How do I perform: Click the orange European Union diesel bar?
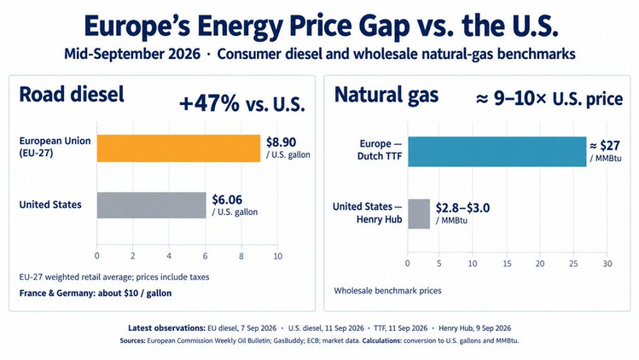click(x=178, y=148)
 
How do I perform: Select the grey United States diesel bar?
click(x=151, y=205)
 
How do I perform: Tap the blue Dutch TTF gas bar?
click(x=497, y=152)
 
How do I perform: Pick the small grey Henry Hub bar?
click(x=419, y=214)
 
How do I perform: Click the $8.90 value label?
click(x=282, y=142)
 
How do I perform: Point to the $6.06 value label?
click(x=227, y=200)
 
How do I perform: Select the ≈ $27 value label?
click(x=605, y=146)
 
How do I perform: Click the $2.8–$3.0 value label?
click(x=462, y=208)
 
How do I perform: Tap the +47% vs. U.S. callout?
click(x=242, y=103)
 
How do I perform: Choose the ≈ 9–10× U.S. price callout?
click(x=549, y=99)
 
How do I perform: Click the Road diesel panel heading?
click(x=72, y=94)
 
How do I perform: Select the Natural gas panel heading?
click(x=386, y=95)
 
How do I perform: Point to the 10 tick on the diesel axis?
click(x=277, y=256)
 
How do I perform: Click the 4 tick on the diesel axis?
click(x=169, y=256)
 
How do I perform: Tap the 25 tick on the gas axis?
click(x=573, y=264)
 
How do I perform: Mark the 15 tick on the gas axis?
click(x=507, y=264)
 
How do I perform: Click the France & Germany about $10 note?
click(x=96, y=293)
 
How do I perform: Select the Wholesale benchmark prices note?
click(x=387, y=291)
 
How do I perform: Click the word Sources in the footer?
click(x=132, y=340)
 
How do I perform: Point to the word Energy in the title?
click(x=241, y=27)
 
